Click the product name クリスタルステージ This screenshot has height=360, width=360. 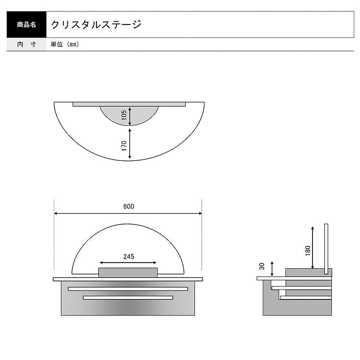[x=96, y=24]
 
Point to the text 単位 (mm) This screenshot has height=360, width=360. [x=64, y=44]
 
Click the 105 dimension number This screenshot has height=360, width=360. [x=123, y=115]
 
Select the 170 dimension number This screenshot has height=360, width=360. [x=123, y=146]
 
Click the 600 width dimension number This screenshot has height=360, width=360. [x=128, y=206]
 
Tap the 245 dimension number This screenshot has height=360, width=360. [x=128, y=256]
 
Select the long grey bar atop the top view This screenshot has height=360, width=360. [x=129, y=104]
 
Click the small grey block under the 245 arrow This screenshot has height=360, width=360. [x=128, y=272]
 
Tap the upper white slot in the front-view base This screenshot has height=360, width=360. [x=128, y=289]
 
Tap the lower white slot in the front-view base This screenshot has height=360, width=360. [x=128, y=298]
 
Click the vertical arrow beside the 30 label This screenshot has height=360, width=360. [x=273, y=268]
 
